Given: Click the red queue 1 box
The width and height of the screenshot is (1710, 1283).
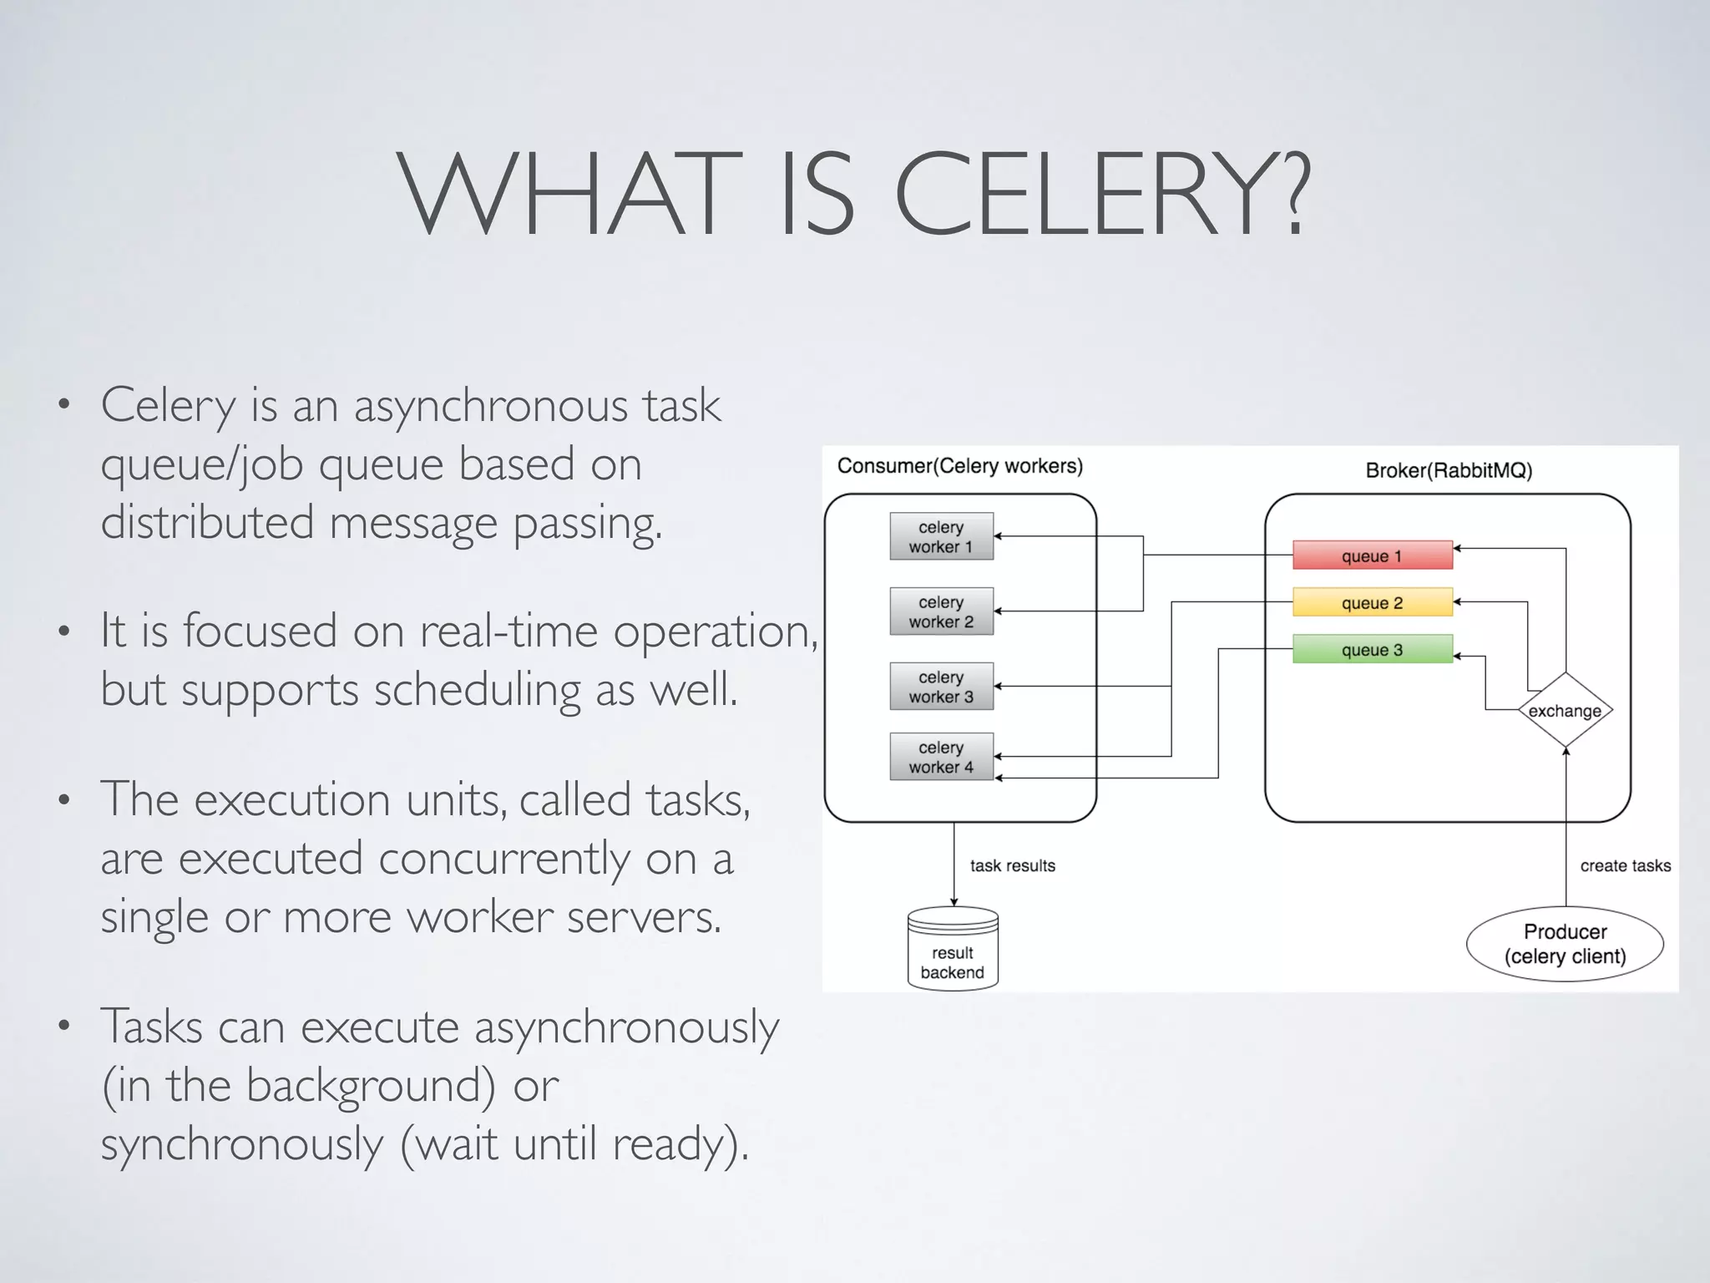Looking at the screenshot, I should pyautogui.click(x=1372, y=555).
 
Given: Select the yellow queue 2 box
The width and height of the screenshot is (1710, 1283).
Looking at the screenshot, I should pyautogui.click(x=1372, y=602).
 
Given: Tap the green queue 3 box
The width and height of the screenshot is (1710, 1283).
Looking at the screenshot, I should pyautogui.click(x=1372, y=649).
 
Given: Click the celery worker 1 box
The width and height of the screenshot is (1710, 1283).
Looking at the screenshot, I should pyautogui.click(x=941, y=536).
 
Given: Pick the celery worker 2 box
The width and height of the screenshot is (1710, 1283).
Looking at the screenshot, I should pyautogui.click(x=941, y=611).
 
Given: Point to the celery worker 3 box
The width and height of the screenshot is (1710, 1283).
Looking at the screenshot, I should pyautogui.click(x=941, y=687).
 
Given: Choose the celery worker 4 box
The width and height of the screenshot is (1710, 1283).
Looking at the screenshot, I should pyautogui.click(x=941, y=757).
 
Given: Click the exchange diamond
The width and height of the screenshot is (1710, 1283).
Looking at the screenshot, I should pyautogui.click(x=1565, y=710).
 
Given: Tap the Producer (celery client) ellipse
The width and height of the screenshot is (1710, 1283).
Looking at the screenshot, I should pyautogui.click(x=1565, y=944).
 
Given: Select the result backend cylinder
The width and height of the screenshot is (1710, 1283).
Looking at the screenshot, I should pyautogui.click(x=953, y=952).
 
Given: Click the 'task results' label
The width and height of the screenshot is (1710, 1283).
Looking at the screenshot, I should pyautogui.click(x=1012, y=865).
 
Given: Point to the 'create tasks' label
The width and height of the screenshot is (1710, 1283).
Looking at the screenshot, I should pyautogui.click(x=1625, y=865).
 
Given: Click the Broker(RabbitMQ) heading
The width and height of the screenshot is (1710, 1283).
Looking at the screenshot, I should pyautogui.click(x=1449, y=470).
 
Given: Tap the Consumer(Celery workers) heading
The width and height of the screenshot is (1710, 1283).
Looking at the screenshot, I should pyautogui.click(x=959, y=465).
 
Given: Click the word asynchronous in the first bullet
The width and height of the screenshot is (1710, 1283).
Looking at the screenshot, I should pyautogui.click(x=490, y=407).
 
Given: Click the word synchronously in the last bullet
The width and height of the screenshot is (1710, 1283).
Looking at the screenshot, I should pyautogui.click(x=241, y=1144).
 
